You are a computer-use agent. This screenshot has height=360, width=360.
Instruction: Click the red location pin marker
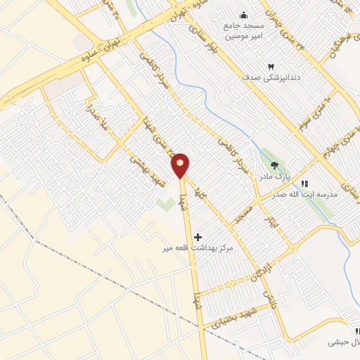click(x=181, y=165)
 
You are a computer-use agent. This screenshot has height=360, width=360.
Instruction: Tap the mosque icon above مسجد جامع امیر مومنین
click(x=243, y=16)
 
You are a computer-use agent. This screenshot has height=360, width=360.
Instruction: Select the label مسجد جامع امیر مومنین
click(x=243, y=32)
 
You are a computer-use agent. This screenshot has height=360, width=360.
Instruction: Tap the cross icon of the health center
click(x=198, y=237)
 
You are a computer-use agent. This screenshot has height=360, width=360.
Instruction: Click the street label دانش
click(x=268, y=300)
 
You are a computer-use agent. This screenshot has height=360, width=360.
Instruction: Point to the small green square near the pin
click(x=166, y=205)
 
